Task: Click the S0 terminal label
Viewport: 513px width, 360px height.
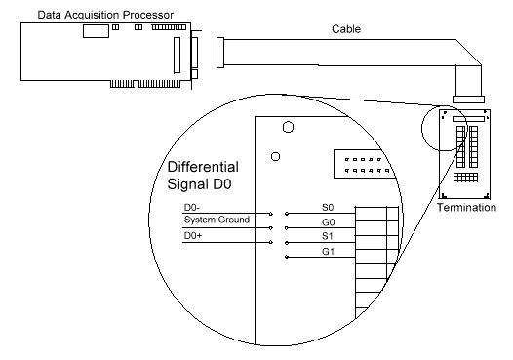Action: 328,207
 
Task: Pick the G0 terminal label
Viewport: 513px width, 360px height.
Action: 329,223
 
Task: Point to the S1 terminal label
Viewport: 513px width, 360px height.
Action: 328,239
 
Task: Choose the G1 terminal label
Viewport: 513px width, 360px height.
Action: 329,255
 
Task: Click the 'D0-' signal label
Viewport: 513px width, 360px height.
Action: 193,207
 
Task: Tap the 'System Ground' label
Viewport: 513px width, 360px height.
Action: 217,220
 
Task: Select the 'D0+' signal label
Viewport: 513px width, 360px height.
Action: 194,236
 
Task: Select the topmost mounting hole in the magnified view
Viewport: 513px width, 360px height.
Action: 287,126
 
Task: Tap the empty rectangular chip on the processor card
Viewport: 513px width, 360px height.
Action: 95,31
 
